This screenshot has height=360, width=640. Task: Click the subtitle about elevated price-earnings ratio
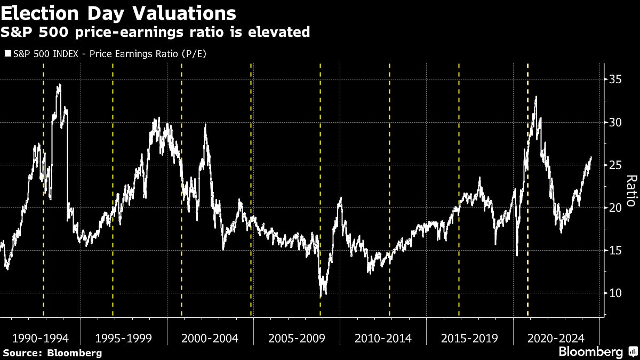coord(155,32)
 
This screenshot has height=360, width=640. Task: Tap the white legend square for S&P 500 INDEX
coord(6,54)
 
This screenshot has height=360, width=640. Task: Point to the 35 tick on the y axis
coord(614,79)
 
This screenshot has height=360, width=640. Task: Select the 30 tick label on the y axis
coord(614,122)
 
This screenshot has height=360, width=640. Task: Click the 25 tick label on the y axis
coord(614,165)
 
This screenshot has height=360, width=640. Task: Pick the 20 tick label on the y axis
coord(614,207)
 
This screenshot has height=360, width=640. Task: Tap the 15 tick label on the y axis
coord(614,250)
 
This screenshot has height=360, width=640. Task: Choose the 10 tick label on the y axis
coord(614,293)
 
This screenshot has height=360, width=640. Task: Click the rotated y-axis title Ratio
coord(630,190)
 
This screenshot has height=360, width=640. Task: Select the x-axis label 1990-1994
coord(40,338)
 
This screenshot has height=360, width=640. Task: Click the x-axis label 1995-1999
coord(123,338)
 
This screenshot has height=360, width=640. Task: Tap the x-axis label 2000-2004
coord(210,338)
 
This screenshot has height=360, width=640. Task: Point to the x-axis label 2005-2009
coord(297,338)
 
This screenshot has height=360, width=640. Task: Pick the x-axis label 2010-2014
coord(383,338)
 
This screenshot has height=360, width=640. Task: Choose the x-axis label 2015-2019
coord(469,338)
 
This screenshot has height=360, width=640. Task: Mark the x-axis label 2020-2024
coord(556,338)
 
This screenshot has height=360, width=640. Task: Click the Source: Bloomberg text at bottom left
coord(52,353)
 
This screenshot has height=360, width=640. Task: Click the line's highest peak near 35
coord(59,85)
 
